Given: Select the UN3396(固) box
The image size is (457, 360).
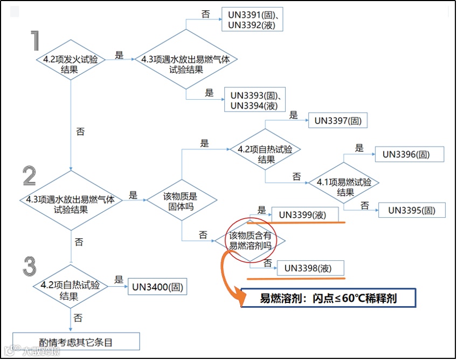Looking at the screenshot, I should (410, 154).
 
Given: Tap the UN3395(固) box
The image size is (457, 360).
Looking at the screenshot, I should (412, 210).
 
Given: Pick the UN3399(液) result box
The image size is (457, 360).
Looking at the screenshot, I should (305, 214).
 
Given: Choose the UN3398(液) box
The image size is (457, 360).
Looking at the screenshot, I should (310, 268).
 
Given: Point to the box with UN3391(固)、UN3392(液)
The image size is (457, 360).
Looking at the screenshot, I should (252, 19).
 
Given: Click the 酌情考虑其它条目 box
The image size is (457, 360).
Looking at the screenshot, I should (76, 341).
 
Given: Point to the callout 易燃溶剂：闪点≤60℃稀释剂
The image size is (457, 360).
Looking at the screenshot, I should (328, 298).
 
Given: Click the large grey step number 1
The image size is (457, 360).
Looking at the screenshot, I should (36, 41).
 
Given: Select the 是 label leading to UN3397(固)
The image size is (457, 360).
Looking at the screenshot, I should (294, 115).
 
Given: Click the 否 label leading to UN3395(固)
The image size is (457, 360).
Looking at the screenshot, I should (365, 205).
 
